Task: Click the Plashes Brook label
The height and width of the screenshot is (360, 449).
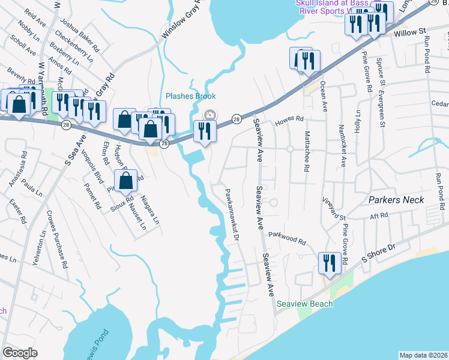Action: [x=190, y=96]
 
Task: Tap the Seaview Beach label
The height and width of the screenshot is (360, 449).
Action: [x=304, y=304]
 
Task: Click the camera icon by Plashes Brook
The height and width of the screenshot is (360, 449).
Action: [x=210, y=115]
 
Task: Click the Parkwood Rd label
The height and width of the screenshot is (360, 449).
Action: [x=287, y=238]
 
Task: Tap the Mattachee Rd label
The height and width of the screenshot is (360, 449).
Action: [x=306, y=151]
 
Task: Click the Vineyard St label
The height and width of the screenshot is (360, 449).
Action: [x=334, y=208]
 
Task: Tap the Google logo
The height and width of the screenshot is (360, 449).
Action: [x=20, y=353]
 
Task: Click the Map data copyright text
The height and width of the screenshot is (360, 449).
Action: [x=423, y=355]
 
